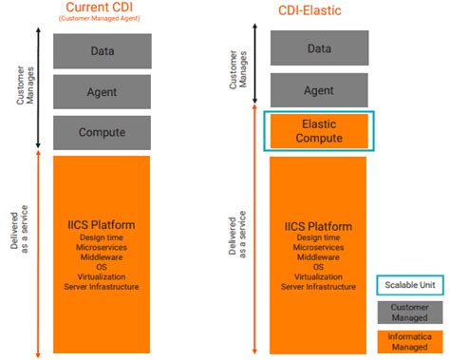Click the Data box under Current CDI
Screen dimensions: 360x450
tap(102, 50)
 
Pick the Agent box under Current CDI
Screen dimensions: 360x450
tap(102, 91)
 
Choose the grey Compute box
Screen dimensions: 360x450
tap(102, 132)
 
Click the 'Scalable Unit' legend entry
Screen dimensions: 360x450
tap(411, 284)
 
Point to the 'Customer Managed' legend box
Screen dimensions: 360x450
tap(411, 312)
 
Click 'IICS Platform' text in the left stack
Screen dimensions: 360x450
tap(102, 225)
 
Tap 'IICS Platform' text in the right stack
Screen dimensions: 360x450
tap(318, 227)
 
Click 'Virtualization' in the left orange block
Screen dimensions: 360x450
tap(102, 276)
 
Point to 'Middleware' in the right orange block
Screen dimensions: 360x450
tap(318, 257)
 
